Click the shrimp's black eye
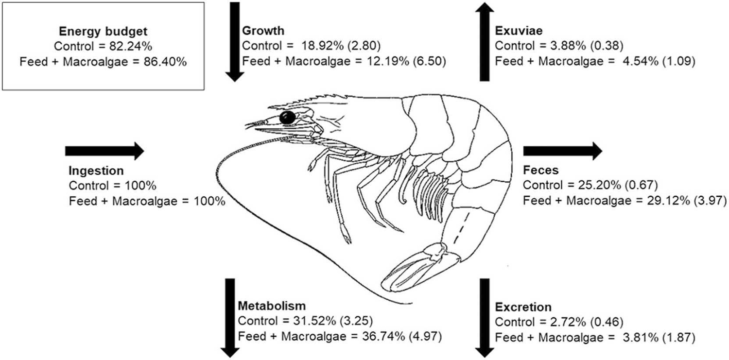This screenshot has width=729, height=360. coord(288,117)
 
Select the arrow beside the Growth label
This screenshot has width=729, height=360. coord(235,41)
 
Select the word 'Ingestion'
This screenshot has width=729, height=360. coord(96,171)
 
